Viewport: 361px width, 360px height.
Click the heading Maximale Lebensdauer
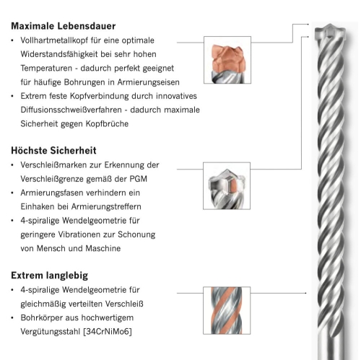pyautogui.click(x=64, y=26)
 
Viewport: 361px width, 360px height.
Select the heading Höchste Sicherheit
pyautogui.click(x=53, y=151)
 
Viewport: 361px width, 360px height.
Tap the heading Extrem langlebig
pyautogui.click(x=50, y=276)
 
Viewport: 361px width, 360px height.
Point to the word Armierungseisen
pyautogui.click(x=149, y=82)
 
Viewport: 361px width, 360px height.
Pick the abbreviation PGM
pyautogui.click(x=139, y=179)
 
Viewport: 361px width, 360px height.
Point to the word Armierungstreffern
pyautogui.click(x=106, y=207)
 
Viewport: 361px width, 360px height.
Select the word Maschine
pyautogui.click(x=103, y=248)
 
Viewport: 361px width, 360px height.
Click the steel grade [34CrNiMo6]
pyautogui.click(x=108, y=332)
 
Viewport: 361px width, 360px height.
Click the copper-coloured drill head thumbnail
pyautogui.click(x=227, y=60)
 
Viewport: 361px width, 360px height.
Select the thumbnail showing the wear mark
pyautogui.click(x=227, y=185)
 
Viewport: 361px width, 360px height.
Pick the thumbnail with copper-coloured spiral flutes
pyautogui.click(x=227, y=310)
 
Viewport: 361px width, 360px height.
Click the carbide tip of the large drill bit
pyautogui.click(x=330, y=31)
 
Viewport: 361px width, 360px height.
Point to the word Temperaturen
pyautogui.click(x=46, y=69)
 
